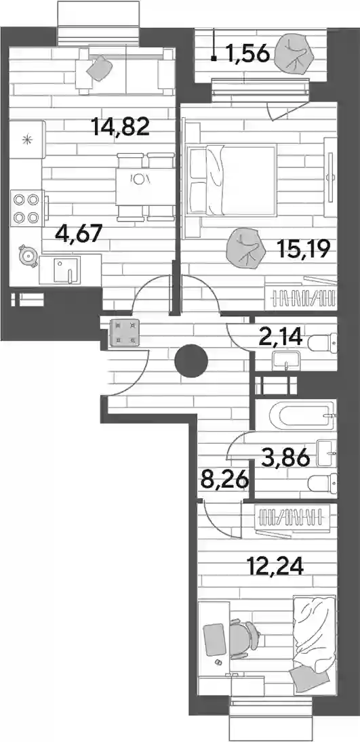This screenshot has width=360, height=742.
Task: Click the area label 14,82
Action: [121, 126]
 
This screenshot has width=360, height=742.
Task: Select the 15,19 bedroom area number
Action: [303, 249]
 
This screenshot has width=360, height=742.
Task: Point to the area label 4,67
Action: [79, 233]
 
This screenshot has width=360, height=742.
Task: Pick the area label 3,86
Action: [286, 457]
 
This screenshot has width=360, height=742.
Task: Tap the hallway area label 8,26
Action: [225, 482]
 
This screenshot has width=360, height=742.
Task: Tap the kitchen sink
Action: [64, 270]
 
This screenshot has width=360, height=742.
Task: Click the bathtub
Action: [302, 415]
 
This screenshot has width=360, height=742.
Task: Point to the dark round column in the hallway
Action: [191, 361]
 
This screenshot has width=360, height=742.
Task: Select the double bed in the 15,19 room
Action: [232, 181]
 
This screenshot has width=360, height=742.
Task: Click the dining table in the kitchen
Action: [145, 186]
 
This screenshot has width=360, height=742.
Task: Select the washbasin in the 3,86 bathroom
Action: [327, 453]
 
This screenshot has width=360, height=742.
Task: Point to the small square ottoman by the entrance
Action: [124, 333]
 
